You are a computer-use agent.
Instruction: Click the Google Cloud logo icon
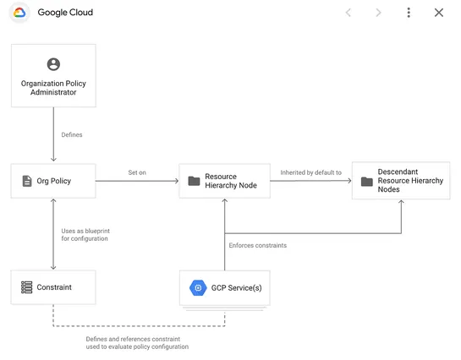click(19, 13)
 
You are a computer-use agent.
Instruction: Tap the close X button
click(438, 13)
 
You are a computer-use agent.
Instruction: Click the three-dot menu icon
click(409, 13)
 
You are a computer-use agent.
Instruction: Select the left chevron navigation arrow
click(348, 13)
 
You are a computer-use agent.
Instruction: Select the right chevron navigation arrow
click(378, 13)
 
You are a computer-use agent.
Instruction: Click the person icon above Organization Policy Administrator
click(53, 64)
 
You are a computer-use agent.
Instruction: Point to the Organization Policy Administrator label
click(53, 87)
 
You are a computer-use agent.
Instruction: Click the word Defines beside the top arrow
click(72, 134)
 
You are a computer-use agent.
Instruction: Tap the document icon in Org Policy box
click(26, 181)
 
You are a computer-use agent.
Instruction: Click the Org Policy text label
click(54, 181)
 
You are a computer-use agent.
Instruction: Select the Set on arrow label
click(137, 172)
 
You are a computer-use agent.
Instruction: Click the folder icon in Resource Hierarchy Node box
click(194, 181)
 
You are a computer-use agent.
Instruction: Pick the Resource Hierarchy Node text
click(231, 181)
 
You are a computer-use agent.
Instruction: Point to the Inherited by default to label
click(310, 172)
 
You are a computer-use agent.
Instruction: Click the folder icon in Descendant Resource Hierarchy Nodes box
click(366, 181)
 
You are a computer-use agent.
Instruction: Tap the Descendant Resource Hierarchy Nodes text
click(409, 180)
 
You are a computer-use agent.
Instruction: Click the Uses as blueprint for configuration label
click(85, 235)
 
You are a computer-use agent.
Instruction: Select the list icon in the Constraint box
click(26, 287)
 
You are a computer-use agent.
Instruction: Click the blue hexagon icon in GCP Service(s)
click(197, 287)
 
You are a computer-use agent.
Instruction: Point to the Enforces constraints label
click(258, 245)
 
